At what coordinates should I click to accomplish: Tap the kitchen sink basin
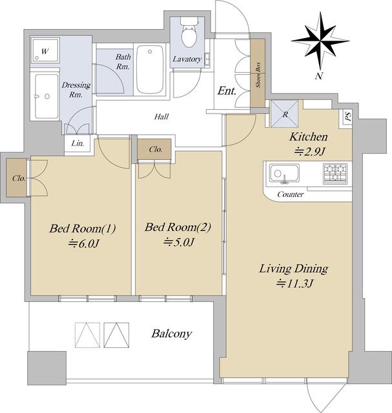(x=284, y=174)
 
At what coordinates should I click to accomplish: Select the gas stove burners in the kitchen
(x=335, y=174)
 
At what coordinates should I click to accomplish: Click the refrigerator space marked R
(x=285, y=114)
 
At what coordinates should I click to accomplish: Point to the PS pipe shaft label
(x=348, y=116)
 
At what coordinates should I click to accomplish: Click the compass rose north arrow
(x=320, y=41)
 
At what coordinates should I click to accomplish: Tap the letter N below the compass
(x=319, y=76)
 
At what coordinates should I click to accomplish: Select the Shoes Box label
(x=258, y=75)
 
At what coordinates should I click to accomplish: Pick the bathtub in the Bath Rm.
(x=150, y=70)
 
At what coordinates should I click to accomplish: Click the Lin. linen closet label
(x=78, y=143)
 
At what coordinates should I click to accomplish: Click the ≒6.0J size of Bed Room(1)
(x=83, y=244)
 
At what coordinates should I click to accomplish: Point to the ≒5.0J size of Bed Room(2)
(x=179, y=242)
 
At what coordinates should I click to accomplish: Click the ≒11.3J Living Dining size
(x=294, y=284)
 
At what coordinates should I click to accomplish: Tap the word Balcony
(x=171, y=334)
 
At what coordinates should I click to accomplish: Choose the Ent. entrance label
(x=227, y=91)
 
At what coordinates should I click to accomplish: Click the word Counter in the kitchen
(x=290, y=194)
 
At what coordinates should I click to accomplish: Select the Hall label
(x=161, y=116)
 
